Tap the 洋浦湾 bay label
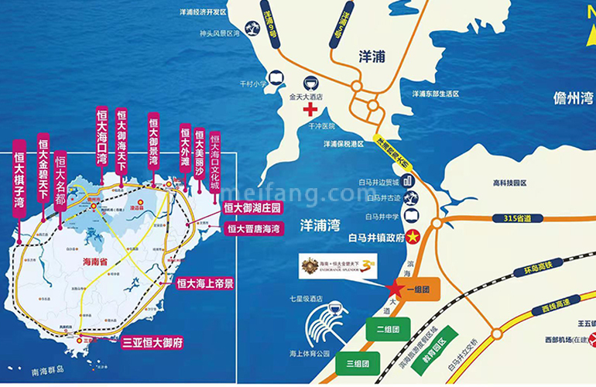click(319, 224)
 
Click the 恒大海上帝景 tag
click(204, 284)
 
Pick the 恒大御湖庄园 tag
click(252, 207)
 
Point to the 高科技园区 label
click(509, 183)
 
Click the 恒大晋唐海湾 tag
click(252, 228)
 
